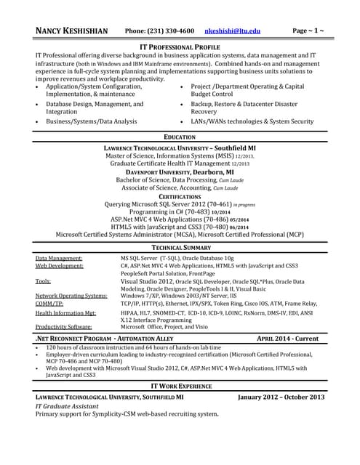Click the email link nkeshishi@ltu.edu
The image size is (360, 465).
(233, 31)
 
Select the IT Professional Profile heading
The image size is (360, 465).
(180, 46)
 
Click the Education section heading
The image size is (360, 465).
(180, 137)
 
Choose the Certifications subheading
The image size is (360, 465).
(180, 197)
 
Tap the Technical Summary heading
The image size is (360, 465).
(180, 248)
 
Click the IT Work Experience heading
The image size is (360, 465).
(180, 385)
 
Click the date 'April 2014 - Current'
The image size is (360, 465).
(288, 339)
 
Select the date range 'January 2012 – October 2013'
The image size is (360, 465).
(280, 398)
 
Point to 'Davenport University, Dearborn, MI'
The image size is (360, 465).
(180, 171)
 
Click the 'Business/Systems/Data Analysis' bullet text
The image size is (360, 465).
(92, 121)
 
